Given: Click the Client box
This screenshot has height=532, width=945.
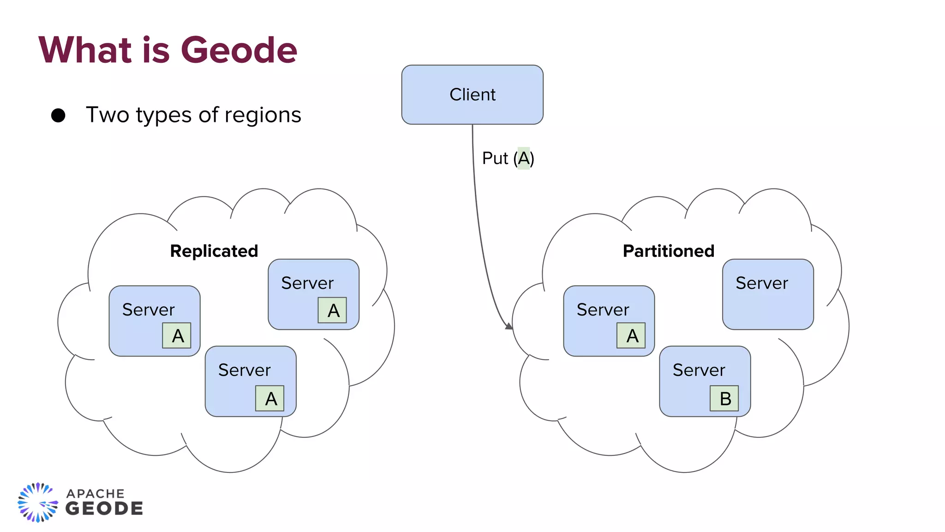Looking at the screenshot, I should click(x=472, y=95).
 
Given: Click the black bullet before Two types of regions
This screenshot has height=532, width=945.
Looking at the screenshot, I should click(x=58, y=115).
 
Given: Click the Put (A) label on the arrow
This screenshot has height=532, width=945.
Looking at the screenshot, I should click(x=508, y=158).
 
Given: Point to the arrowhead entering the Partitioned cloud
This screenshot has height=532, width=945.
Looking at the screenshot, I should click(x=509, y=326).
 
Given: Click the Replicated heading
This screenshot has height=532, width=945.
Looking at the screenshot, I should click(x=214, y=251).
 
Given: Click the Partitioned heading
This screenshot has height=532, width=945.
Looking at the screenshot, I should click(x=668, y=251).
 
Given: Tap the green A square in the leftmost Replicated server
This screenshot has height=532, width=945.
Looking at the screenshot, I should click(x=177, y=335).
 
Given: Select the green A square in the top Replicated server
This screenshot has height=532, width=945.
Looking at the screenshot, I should click(x=332, y=310).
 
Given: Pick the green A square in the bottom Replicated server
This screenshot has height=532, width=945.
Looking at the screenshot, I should click(x=270, y=398).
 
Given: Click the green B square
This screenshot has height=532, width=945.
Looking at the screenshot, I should click(x=724, y=398).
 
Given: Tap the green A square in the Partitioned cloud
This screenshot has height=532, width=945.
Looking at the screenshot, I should click(x=631, y=335).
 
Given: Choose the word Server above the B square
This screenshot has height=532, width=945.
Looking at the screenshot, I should click(x=699, y=370).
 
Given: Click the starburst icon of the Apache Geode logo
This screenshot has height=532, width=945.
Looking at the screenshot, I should click(x=38, y=502).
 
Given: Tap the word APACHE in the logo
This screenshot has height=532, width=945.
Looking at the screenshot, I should click(x=96, y=494).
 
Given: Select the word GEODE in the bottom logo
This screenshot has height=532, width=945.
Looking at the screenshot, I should click(x=104, y=509).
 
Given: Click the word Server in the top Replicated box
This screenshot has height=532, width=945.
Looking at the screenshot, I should click(x=307, y=283).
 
